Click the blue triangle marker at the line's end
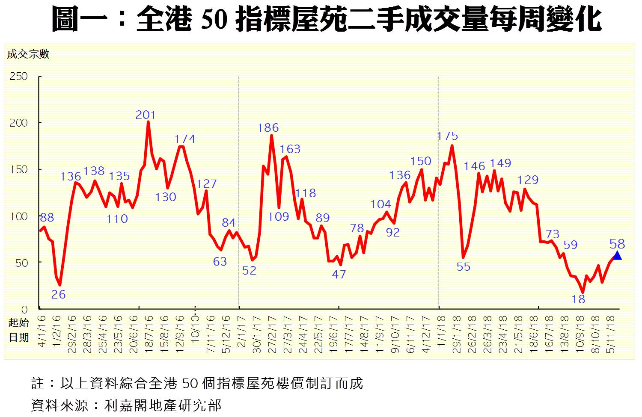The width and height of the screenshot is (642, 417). [x=617, y=255]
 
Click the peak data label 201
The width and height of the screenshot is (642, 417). [x=146, y=115]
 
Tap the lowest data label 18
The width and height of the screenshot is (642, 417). [x=579, y=299]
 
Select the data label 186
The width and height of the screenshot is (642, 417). [x=268, y=127]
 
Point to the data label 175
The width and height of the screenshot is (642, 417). [x=448, y=136]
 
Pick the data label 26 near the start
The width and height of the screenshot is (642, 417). [x=58, y=294]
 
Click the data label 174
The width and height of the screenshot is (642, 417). [x=185, y=139]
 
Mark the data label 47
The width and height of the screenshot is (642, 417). [x=339, y=275]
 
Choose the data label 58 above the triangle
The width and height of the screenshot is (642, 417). [x=617, y=244]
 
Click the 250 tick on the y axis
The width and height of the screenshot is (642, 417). [x=18, y=77]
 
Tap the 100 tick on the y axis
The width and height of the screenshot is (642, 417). [x=18, y=216]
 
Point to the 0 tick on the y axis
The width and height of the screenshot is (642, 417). [x=24, y=309]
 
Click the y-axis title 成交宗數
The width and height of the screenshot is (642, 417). [x=28, y=54]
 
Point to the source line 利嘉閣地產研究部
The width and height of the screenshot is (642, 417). [x=163, y=405]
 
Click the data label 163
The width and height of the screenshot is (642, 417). [x=290, y=149]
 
